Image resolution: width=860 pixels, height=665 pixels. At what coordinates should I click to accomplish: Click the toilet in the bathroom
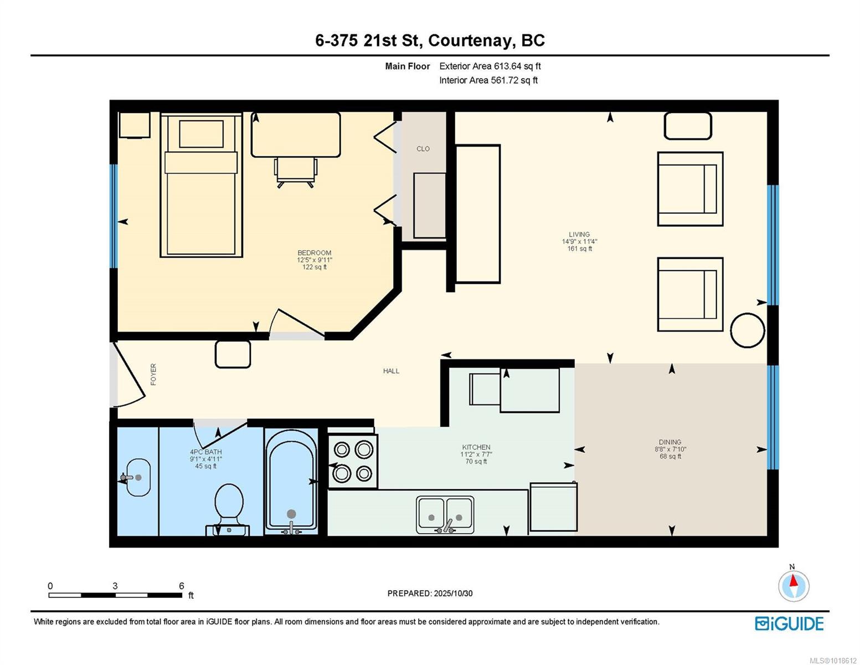pos(228,509)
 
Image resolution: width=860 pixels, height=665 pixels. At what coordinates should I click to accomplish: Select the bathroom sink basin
pos(137,477)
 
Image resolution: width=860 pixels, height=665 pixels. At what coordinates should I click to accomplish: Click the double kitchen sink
pos(445,515)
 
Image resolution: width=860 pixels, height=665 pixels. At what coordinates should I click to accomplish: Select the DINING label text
pos(670,442)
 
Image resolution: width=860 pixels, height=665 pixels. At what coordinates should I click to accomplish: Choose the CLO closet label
pos(423,149)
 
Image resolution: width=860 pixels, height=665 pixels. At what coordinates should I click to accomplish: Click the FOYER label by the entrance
pos(153,374)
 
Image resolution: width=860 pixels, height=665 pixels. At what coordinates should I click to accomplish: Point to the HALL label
pos(391,371)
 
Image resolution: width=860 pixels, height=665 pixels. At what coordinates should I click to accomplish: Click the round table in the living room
pos(748,330)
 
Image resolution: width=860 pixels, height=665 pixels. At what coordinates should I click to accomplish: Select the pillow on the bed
pos(201,134)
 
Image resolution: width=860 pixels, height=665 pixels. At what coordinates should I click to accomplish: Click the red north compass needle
pos(793,581)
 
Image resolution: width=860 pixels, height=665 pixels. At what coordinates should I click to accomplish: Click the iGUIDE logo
pos(789,623)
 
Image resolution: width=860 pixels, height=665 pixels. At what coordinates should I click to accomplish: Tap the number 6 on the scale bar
pos(181,586)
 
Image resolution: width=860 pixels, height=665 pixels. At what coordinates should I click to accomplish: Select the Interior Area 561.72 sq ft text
pos(488,80)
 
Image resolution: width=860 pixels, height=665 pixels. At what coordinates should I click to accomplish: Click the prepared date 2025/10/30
pos(453,594)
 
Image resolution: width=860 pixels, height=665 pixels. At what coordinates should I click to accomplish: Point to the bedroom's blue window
pos(114,216)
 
